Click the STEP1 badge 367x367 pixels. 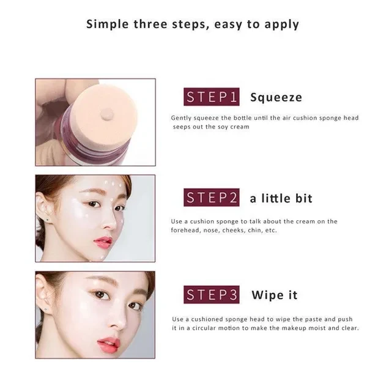(212, 97)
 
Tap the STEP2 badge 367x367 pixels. (212, 198)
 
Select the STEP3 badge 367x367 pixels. (212, 294)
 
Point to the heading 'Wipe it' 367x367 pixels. (275, 295)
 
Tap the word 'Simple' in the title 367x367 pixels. (108, 24)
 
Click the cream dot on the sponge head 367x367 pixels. (107, 115)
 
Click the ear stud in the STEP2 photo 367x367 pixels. (48, 220)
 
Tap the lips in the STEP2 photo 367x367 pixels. (103, 241)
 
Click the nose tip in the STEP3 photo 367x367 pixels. (119, 324)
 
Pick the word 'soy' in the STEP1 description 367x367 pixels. (223, 127)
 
